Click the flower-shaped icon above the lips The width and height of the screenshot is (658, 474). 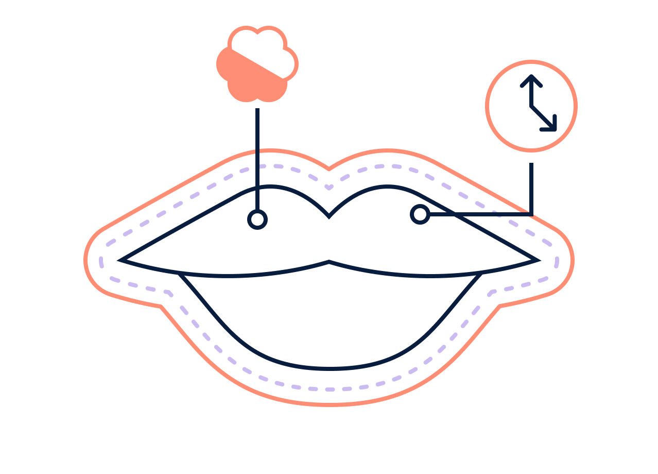coord(257,64)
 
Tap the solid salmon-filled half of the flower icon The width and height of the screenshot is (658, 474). coord(245,80)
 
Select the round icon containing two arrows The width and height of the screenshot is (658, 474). coord(531,106)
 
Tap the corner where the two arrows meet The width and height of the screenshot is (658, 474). coord(531,107)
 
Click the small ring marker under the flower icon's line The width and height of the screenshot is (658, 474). coord(257,219)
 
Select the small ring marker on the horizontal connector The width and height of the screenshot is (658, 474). coord(420,214)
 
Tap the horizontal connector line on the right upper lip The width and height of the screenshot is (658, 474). coord(479,213)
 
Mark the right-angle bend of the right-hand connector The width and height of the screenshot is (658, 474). coord(531,213)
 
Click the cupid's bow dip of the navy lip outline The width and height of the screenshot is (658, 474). coord(329,216)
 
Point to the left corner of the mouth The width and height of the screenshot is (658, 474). coord(121,260)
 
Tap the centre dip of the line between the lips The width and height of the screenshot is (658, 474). coord(329,262)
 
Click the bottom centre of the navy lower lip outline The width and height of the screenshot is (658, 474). coord(329,368)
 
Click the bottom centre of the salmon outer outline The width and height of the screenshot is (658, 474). coord(329,404)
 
